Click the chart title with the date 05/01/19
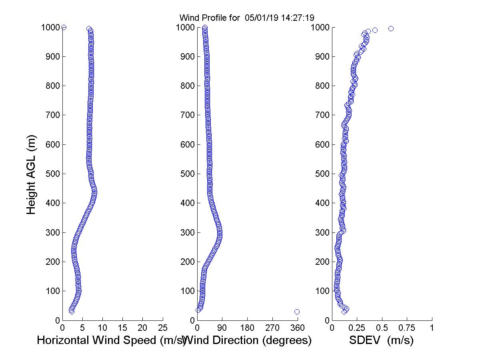point(247,18)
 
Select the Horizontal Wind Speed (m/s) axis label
point(111,340)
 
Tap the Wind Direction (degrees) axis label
point(248,340)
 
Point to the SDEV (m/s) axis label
point(381,340)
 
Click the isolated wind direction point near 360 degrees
point(297,312)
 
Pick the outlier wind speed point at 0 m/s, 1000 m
point(64,27)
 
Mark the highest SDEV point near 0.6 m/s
point(391,28)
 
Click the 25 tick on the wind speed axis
point(163,328)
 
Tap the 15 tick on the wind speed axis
point(123,328)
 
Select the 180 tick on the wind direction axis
point(247,328)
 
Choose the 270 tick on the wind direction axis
point(272,328)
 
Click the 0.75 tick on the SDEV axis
point(407,328)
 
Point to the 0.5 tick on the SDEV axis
point(382,328)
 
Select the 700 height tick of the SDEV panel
point(323,115)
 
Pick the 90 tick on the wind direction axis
point(222,328)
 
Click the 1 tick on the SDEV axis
point(432,328)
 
